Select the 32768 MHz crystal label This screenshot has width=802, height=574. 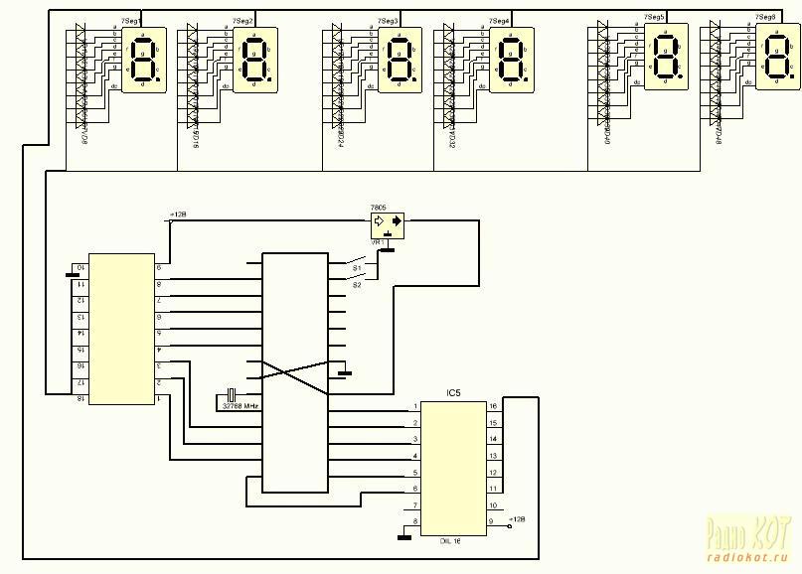(x=241, y=405)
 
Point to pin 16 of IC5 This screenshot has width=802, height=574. (x=493, y=407)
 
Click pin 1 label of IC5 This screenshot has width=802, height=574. (x=415, y=407)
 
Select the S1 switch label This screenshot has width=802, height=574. (x=356, y=267)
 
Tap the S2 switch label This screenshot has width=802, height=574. (x=356, y=284)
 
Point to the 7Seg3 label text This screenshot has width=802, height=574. (x=390, y=21)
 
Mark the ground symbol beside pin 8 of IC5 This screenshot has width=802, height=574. (x=403, y=537)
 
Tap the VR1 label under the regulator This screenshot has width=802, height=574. (x=378, y=241)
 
